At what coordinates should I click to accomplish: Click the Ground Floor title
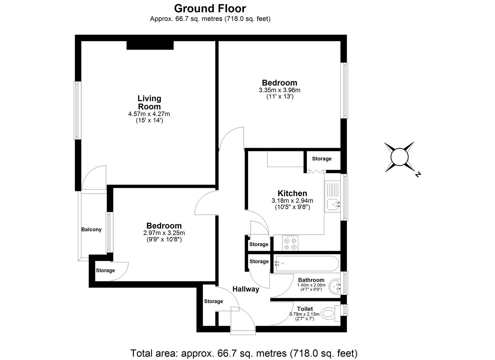tap(210, 8)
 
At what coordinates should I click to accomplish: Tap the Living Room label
tap(149, 103)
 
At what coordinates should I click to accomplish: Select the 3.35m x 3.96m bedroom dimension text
tap(279, 90)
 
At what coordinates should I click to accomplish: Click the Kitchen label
tap(292, 193)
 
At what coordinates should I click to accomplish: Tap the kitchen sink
tap(333, 204)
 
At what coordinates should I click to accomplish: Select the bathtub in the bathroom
tap(306, 263)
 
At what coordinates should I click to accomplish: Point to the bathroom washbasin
tap(335, 286)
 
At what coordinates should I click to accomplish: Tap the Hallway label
tap(246, 289)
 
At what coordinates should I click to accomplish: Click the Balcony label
tap(91, 230)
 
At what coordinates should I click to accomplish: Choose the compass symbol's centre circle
tap(399, 157)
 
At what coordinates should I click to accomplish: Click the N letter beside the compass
tap(417, 174)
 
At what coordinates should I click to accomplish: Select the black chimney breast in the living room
tap(150, 45)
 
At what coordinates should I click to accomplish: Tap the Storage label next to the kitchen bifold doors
tap(322, 159)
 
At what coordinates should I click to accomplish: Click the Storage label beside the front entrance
tap(213, 301)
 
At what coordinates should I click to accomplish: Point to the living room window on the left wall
tap(77, 110)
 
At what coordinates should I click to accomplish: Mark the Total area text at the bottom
tap(244, 353)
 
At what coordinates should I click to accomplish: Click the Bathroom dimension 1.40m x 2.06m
tap(311, 285)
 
